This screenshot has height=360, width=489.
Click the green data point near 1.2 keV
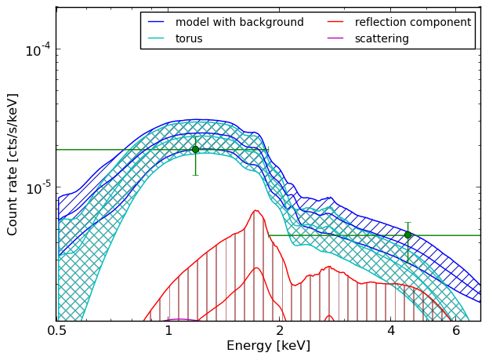[x=196, y=150]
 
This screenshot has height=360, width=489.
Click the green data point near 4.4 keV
[x=407, y=235]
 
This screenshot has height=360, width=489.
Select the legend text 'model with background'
[x=240, y=22]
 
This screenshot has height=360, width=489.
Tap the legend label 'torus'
[x=189, y=38]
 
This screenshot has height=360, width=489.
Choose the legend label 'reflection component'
[x=413, y=22]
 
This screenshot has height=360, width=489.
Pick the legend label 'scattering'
[x=382, y=38]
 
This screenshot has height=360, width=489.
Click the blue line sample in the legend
[x=156, y=22]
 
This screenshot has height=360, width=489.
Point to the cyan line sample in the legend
[x=156, y=38]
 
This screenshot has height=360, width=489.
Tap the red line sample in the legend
[x=335, y=22]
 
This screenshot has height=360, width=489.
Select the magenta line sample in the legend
[x=335, y=38]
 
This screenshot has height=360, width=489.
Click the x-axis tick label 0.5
[x=56, y=331]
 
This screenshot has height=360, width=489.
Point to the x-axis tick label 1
[x=168, y=331]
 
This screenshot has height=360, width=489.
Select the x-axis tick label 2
[x=280, y=331]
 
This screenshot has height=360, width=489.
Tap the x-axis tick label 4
[x=391, y=331]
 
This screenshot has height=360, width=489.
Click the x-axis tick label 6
[x=456, y=331]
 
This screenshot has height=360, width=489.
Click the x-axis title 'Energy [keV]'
[x=269, y=346]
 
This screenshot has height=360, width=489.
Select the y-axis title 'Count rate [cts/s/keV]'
[x=12, y=165]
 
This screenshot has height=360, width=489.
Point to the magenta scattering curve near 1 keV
[x=179, y=319]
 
